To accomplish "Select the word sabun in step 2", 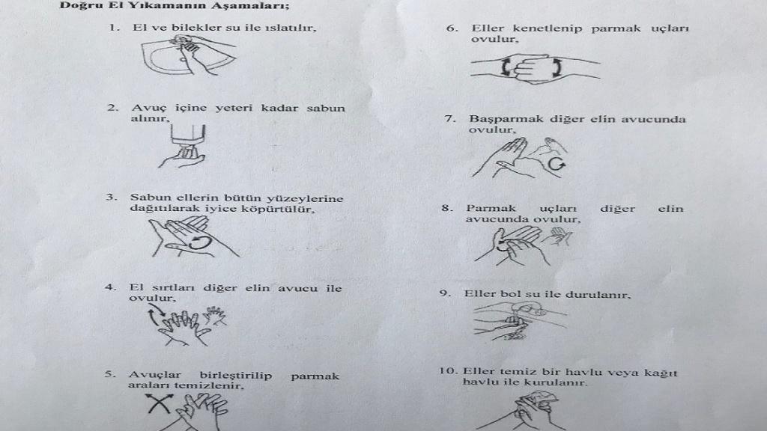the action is (326, 108).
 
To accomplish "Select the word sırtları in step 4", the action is (173, 288).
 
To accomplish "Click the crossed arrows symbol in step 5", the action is (159, 403).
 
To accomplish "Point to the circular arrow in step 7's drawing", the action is (556, 163).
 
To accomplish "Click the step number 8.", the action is (447, 209).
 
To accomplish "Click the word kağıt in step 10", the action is (662, 373).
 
